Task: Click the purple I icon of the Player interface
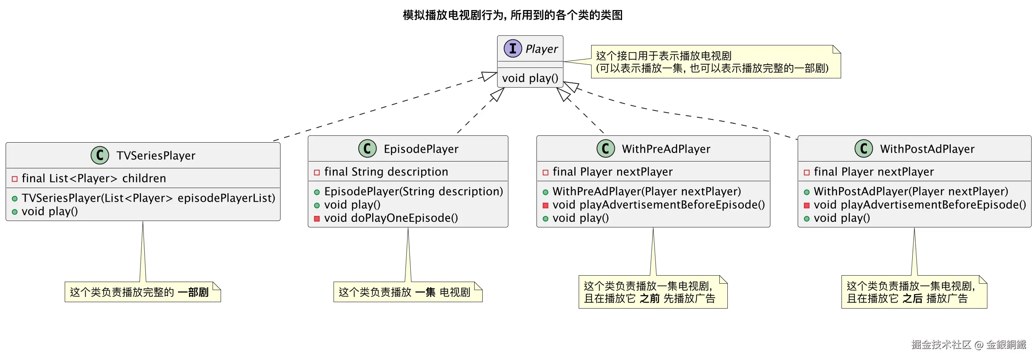tap(513, 49)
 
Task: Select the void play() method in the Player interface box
tap(530, 78)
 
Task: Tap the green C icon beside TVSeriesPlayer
tap(100, 155)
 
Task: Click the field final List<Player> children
tap(94, 178)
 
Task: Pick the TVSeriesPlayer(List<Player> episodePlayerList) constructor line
tap(148, 198)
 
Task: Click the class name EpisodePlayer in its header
tap(421, 149)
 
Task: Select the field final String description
tap(386, 172)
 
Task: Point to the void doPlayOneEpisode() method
tap(391, 218)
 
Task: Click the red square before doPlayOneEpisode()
tap(317, 219)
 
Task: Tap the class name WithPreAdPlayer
tap(666, 149)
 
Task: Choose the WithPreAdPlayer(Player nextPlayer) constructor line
tap(646, 192)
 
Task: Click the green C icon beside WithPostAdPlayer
tap(864, 148)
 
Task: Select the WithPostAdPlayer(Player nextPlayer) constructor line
tap(911, 192)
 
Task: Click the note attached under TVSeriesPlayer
tap(143, 292)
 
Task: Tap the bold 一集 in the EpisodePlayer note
tap(425, 292)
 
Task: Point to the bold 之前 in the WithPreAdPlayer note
tap(649, 299)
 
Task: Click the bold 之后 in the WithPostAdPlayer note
tap(912, 299)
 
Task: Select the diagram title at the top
tap(513, 15)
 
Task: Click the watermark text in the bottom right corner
tap(968, 344)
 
